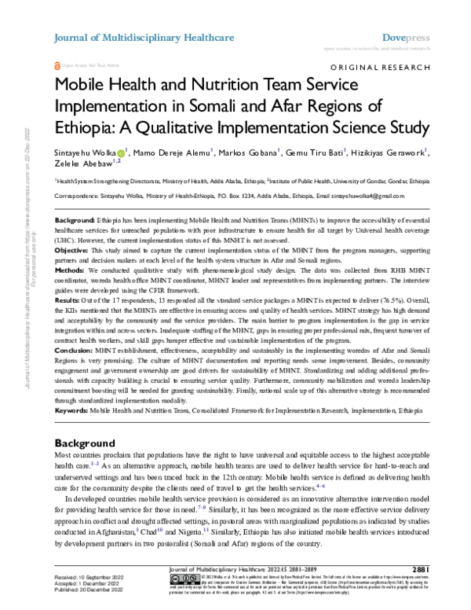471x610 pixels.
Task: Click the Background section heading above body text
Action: [88, 443]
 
